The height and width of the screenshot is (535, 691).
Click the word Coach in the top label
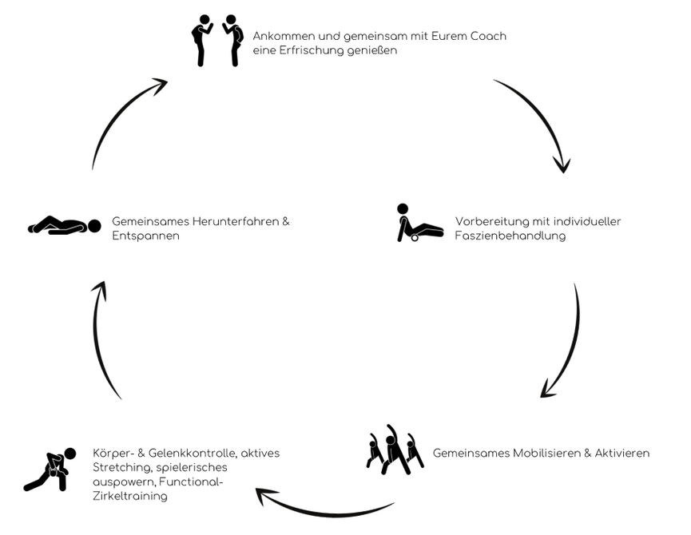point(488,36)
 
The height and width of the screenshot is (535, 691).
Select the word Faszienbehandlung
point(510,236)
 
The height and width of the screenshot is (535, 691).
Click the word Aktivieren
point(622,453)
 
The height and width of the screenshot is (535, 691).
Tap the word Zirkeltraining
point(130,496)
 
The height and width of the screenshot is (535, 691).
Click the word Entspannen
point(146,236)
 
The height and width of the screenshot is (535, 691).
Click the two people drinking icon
point(217,41)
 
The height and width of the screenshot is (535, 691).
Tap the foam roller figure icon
point(420,223)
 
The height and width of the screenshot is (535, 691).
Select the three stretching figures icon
point(395,450)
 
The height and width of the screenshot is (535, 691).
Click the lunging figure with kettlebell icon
point(50,470)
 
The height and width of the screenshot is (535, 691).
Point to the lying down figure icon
point(65,225)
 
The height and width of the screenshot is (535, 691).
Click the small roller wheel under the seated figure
point(415,238)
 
